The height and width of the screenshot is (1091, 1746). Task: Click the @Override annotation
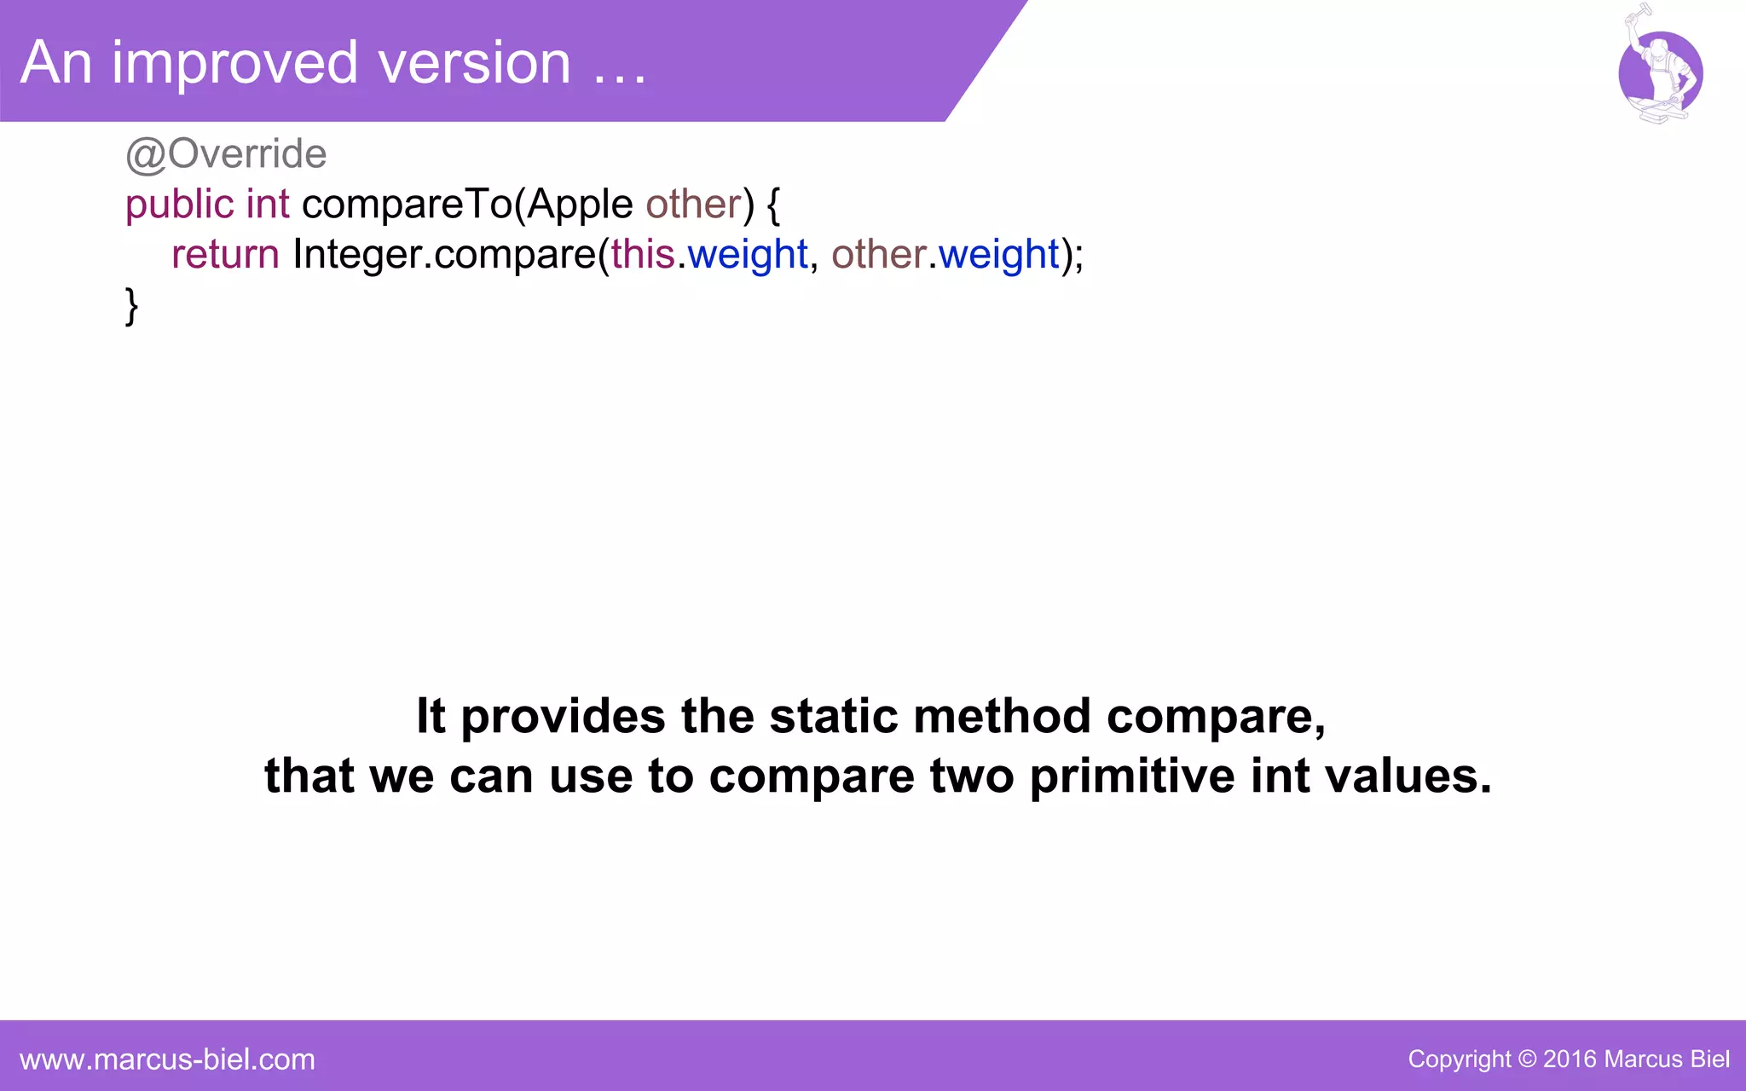(226, 154)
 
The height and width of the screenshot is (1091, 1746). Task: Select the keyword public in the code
(179, 205)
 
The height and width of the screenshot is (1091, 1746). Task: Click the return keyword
(225, 254)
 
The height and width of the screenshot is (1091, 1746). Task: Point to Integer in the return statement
(357, 254)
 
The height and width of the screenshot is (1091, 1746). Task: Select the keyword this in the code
(643, 254)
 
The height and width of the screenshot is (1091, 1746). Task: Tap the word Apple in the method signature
(580, 205)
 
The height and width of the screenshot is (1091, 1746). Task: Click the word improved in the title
(235, 63)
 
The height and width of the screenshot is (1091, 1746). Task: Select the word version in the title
(474, 63)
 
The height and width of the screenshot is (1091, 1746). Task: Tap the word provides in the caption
(563, 716)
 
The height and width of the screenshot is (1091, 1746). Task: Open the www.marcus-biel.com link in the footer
(167, 1059)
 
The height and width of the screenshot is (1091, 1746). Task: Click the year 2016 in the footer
(1570, 1059)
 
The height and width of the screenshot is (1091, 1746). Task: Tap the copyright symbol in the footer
(1527, 1059)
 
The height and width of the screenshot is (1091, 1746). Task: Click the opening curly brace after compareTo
(773, 205)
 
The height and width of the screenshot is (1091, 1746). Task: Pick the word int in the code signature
(268, 205)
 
